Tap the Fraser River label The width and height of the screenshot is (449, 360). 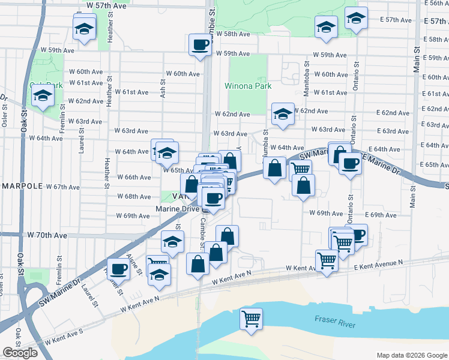click(334, 321)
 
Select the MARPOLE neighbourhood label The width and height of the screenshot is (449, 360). click(21, 186)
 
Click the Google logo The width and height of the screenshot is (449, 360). click(20, 353)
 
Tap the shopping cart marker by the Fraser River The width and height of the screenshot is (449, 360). click(251, 319)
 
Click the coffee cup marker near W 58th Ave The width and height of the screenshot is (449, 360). click(200, 44)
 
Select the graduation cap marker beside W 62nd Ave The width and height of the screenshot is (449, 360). click(282, 114)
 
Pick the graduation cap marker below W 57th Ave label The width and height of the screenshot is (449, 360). click(84, 28)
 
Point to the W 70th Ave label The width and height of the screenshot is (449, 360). click(47, 236)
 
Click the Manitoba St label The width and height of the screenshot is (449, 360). click(307, 72)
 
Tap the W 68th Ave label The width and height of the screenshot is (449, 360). click(133, 197)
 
